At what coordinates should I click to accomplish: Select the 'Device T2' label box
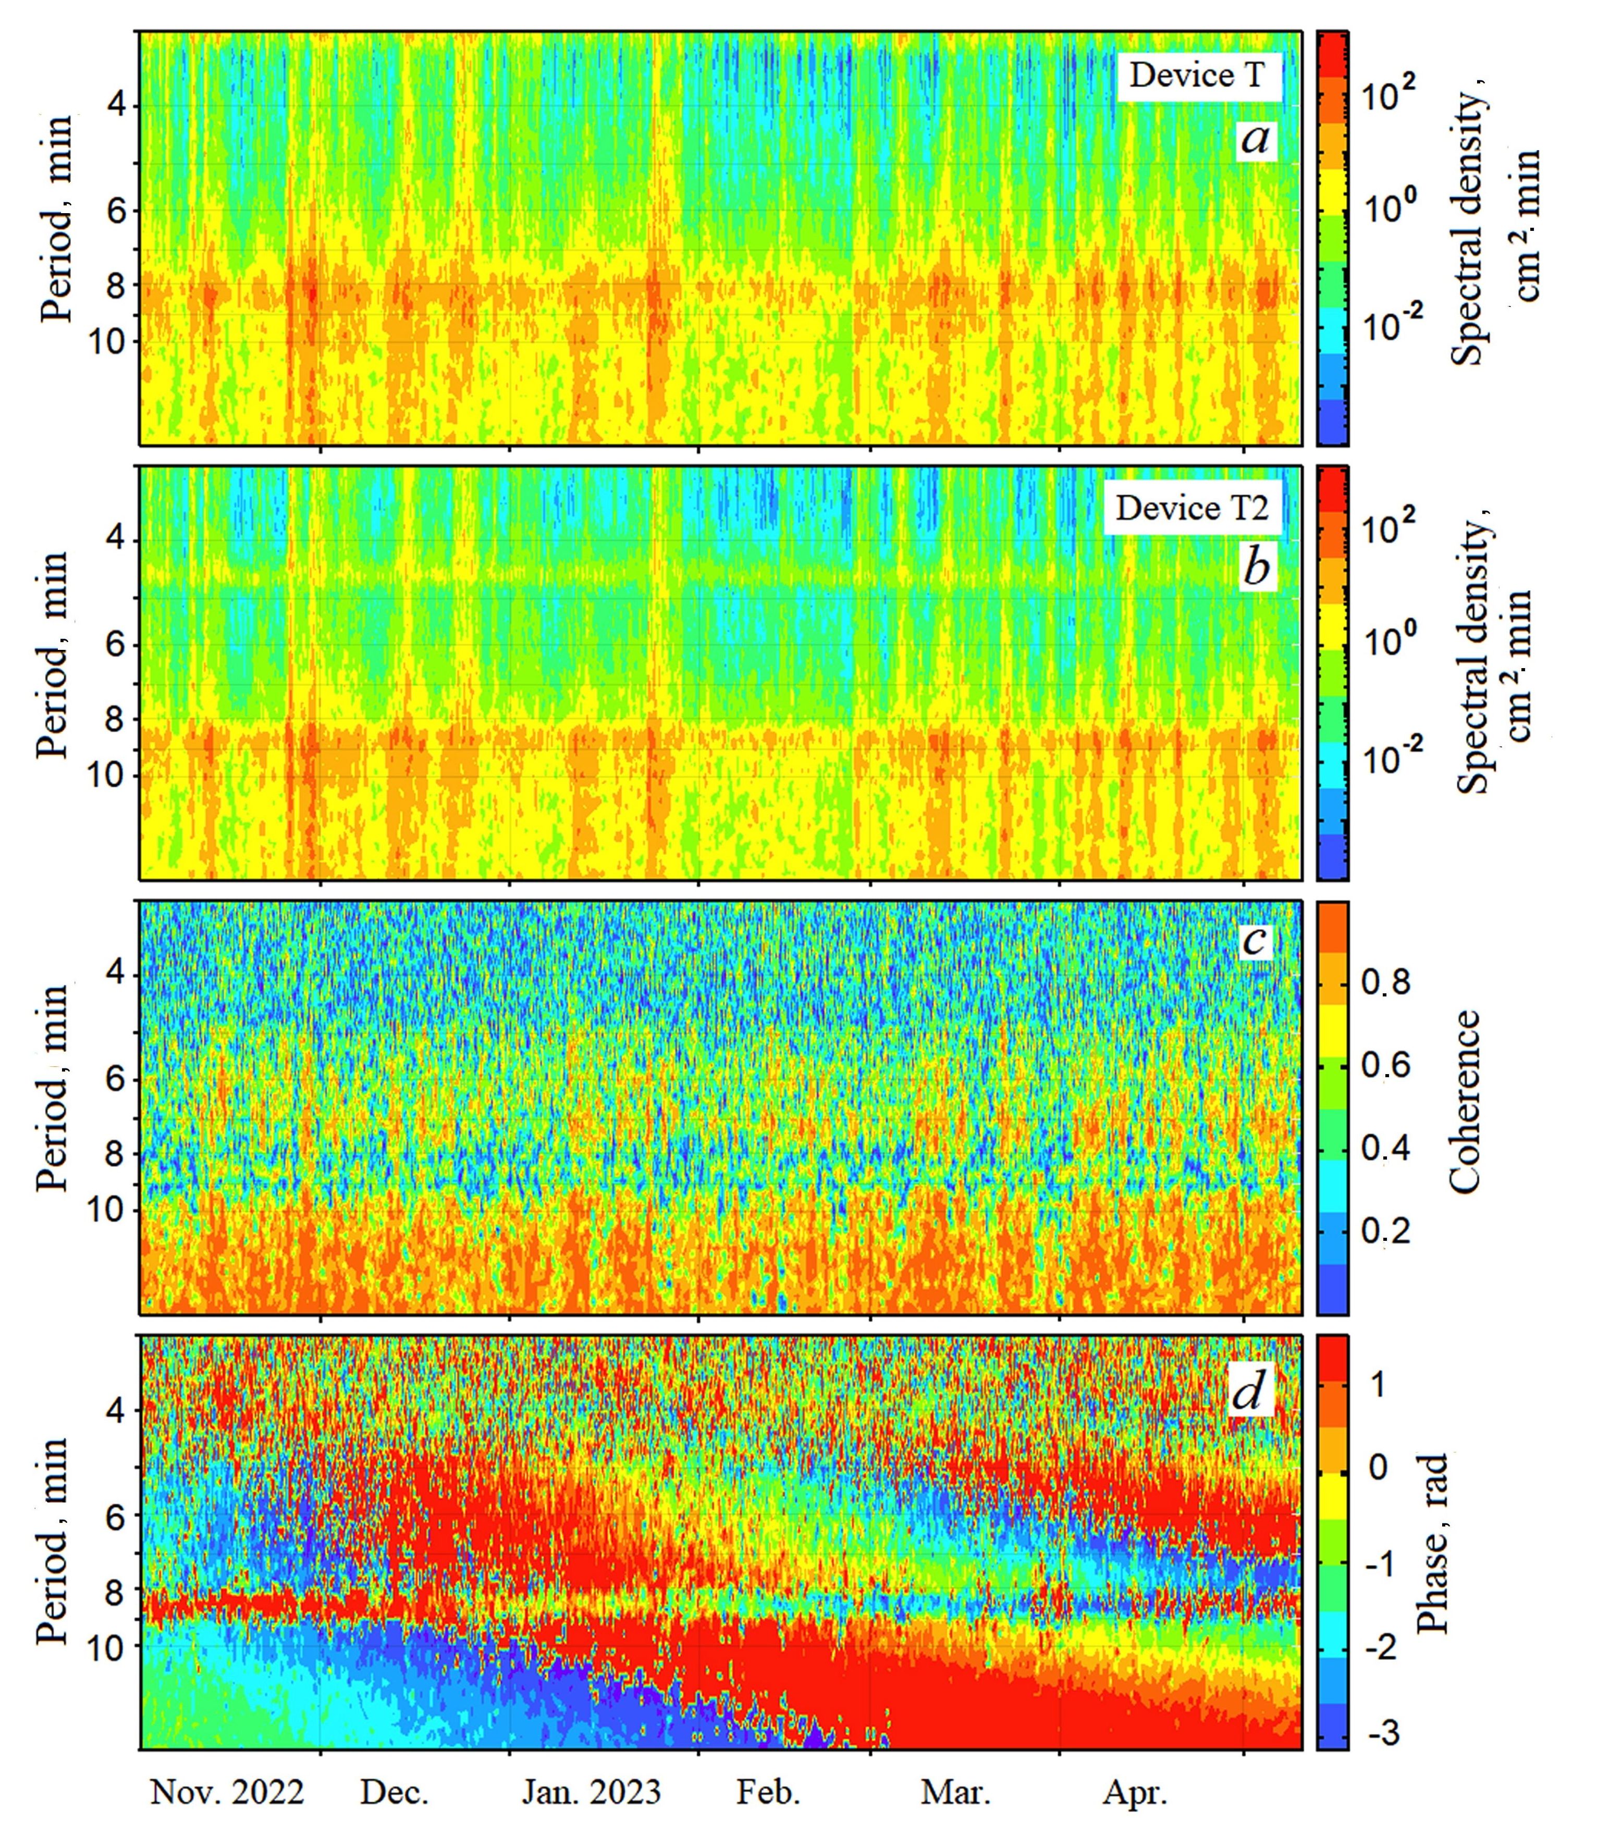(x=1191, y=509)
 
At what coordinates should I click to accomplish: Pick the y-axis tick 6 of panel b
(x=115, y=645)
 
